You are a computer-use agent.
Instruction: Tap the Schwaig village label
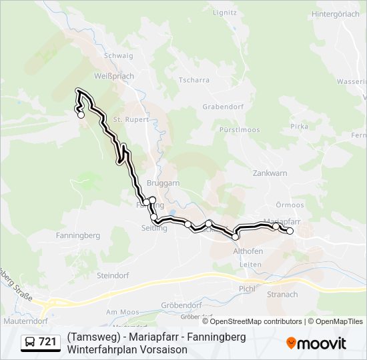(118, 56)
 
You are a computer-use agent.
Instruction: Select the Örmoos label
(290, 205)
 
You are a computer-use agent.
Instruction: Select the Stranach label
(282, 294)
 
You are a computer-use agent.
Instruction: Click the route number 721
(47, 342)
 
